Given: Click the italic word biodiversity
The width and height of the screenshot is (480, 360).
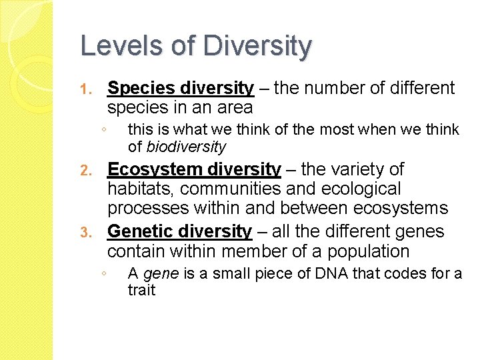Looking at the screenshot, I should point(187,147).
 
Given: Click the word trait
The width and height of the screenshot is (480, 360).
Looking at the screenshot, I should point(141,290).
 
